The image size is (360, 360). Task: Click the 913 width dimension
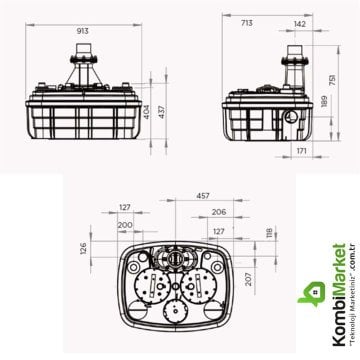coord(83,31)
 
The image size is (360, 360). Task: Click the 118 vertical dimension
coord(268,233)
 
